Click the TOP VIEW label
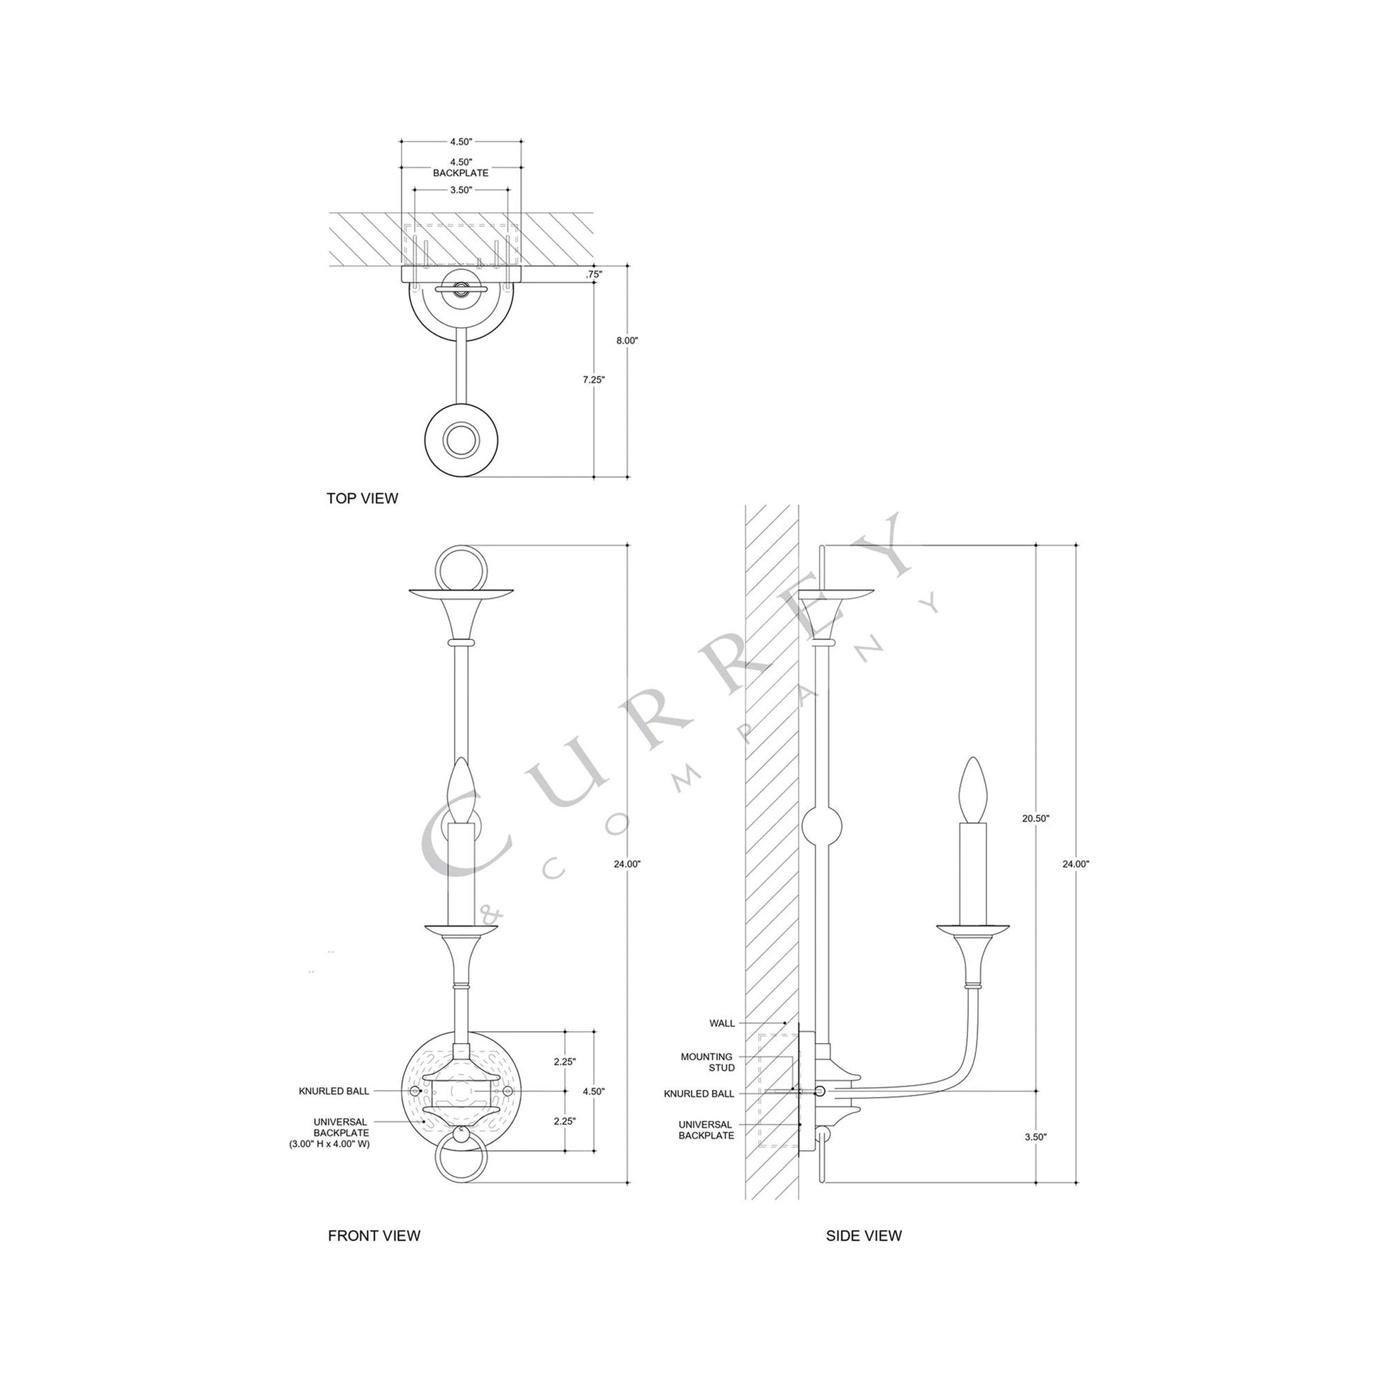[362, 498]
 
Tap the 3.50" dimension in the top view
[461, 190]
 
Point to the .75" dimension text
[593, 274]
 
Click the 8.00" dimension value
[626, 340]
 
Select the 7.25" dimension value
[593, 380]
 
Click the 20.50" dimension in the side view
[1036, 818]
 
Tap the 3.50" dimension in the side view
[1035, 1157]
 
